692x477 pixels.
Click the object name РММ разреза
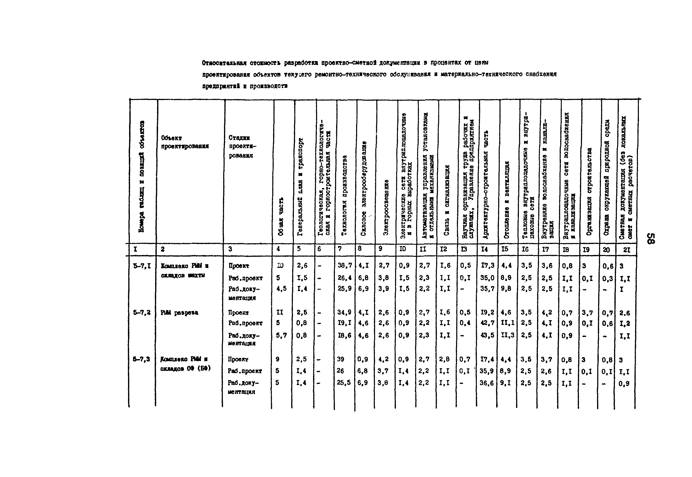pyautogui.click(x=179, y=313)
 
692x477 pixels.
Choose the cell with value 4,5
pyautogui.click(x=281, y=289)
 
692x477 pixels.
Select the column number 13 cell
pyautogui.click(x=464, y=249)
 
